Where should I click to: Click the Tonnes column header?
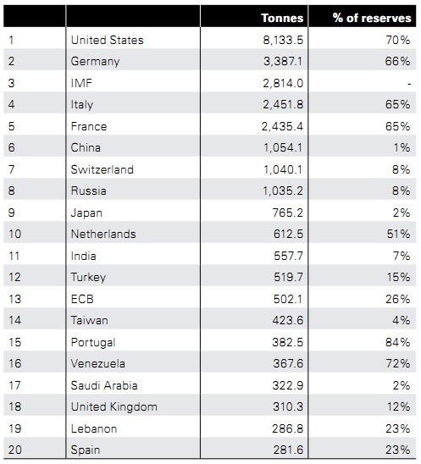(x=282, y=18)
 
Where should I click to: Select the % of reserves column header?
(x=372, y=18)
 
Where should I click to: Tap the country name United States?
(x=108, y=40)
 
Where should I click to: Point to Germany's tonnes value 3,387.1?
(x=283, y=61)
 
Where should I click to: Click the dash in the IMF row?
(x=409, y=84)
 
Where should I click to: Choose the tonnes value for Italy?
(x=283, y=104)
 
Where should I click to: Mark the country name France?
(x=89, y=126)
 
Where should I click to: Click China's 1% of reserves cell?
(x=402, y=147)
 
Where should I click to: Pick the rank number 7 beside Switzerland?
(x=11, y=169)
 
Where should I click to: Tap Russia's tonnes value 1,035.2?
(x=283, y=191)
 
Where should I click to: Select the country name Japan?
(x=86, y=213)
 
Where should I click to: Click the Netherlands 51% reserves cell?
(x=398, y=234)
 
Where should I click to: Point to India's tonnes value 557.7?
(x=288, y=256)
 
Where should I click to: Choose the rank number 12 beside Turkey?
(x=14, y=277)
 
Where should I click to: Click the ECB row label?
(x=82, y=299)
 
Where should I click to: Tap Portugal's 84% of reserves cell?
(x=398, y=342)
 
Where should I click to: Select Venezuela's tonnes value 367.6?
(x=288, y=363)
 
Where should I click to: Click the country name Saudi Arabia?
(x=104, y=385)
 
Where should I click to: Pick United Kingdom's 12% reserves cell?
(x=399, y=406)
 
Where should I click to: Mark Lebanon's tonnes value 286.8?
(x=288, y=428)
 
